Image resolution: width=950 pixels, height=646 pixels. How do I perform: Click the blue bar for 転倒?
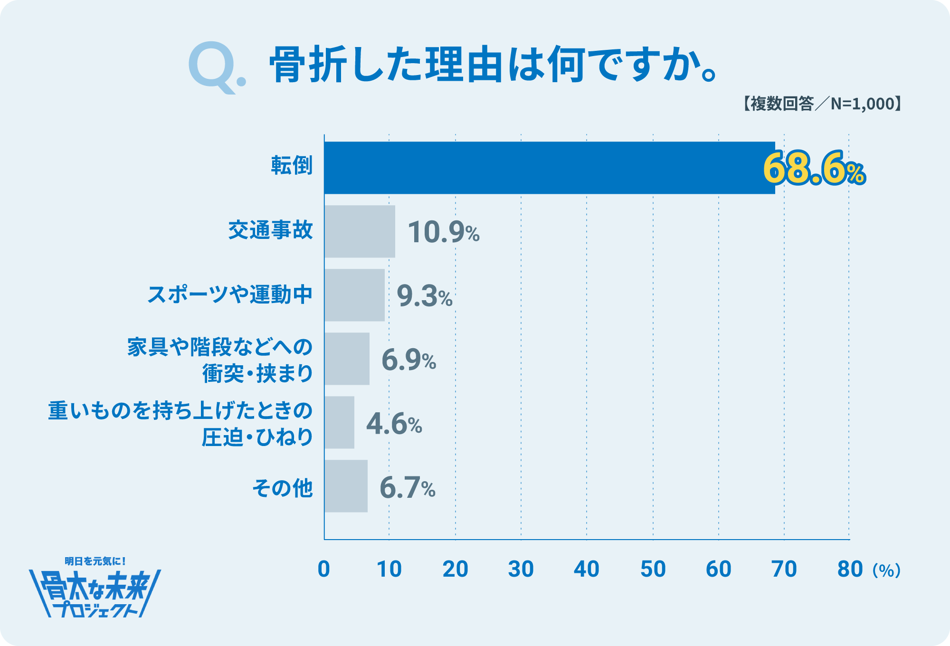549,168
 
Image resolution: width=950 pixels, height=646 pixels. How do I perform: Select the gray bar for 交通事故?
360,231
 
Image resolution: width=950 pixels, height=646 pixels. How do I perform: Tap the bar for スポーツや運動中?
354,295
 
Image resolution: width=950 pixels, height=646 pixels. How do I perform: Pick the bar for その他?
346,486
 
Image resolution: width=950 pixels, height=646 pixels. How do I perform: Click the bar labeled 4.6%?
339,422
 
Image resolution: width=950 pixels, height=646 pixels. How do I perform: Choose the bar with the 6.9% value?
347,359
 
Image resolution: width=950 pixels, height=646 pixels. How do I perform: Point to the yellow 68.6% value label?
814,169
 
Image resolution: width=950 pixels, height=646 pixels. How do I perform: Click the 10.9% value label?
443,232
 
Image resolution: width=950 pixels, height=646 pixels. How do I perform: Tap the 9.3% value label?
424,296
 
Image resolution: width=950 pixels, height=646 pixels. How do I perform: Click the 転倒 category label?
292,166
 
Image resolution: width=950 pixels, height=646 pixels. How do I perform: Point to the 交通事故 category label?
270,230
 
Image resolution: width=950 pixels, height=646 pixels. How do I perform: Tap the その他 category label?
282,487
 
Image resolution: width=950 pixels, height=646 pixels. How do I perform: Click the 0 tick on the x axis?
323,569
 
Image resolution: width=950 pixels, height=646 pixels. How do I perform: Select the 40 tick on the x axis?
587,569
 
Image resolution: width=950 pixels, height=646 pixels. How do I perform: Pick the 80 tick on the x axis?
850,569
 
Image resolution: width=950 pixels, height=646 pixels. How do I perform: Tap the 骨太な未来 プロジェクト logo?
95,589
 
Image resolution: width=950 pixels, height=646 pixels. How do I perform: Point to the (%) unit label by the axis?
886,570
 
